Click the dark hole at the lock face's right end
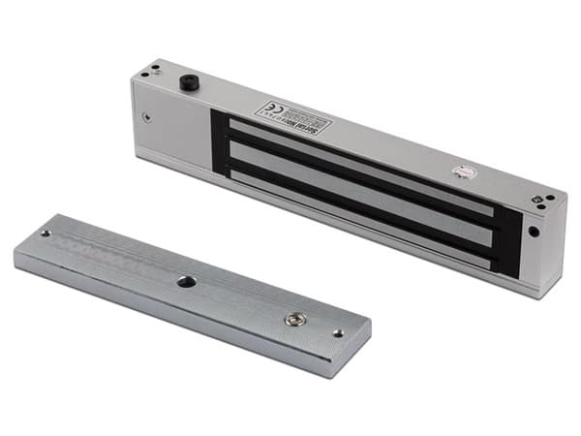[534, 233]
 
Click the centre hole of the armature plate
[181, 282]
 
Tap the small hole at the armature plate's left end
[45, 234]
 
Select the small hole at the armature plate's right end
[338, 332]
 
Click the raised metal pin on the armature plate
[291, 318]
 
